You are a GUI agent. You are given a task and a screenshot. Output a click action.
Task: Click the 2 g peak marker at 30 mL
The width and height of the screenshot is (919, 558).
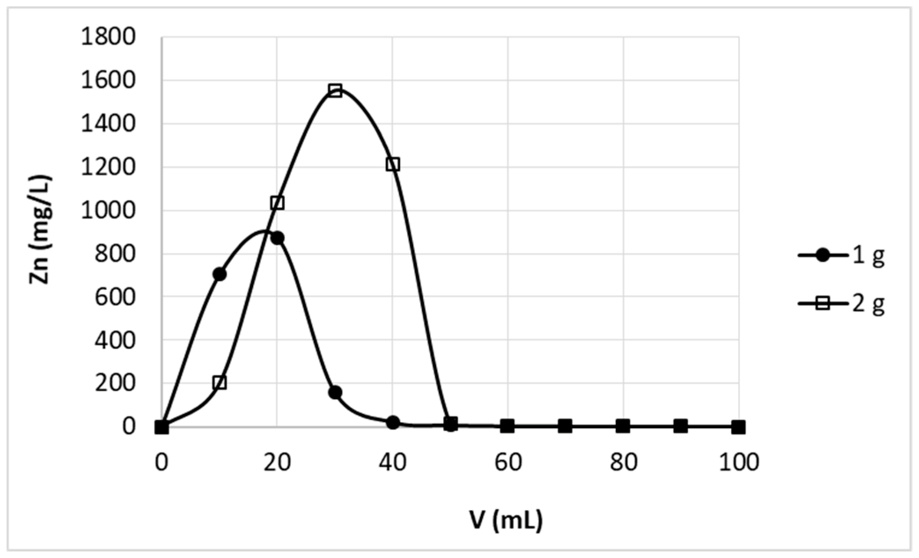(335, 91)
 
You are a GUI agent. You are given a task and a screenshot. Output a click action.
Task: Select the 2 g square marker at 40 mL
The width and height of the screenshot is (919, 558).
(393, 165)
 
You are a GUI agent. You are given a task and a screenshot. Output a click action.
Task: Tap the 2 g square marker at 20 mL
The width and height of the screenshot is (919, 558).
(277, 203)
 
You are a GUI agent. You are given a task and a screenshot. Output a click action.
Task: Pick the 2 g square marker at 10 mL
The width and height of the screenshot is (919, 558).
(220, 383)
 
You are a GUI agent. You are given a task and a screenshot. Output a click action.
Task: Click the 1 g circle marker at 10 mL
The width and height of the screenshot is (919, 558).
(219, 274)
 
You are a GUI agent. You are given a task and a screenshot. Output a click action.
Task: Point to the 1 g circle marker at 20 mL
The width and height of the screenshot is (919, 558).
(277, 238)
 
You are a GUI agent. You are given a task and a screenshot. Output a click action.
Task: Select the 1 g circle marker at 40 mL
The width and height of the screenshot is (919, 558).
(393, 422)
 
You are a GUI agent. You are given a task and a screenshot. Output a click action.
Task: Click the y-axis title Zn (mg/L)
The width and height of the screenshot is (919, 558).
(40, 229)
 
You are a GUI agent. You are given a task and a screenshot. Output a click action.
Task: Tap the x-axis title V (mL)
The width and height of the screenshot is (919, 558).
(505, 521)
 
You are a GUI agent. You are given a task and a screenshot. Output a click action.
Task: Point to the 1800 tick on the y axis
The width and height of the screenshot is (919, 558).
(108, 38)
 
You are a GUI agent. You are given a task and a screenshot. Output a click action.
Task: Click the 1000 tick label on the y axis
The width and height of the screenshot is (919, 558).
(108, 211)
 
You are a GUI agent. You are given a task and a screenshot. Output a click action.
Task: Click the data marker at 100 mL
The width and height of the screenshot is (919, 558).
(739, 427)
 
